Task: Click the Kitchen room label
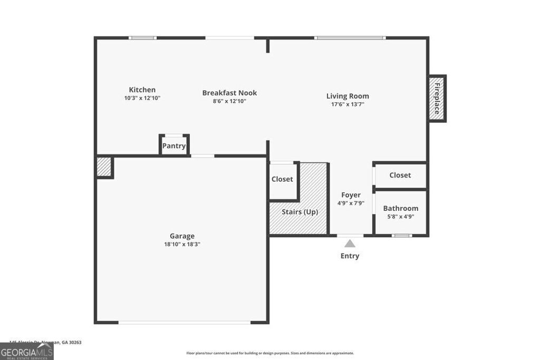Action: coord(142,90)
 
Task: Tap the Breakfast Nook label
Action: coord(229,93)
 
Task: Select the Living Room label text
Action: coord(348,96)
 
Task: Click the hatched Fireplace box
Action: coord(437,99)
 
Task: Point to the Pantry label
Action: coord(174,146)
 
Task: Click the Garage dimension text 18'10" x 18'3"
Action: coord(182,244)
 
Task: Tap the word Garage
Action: coord(182,236)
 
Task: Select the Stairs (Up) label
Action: coord(300,212)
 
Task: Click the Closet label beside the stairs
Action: coord(282,179)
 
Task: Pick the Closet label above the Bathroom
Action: coord(400,175)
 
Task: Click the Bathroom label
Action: coord(401,208)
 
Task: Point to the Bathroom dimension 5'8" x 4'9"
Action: coord(401,216)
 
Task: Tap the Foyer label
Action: coord(351,195)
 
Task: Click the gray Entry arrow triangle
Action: coord(350,243)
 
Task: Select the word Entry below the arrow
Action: coord(350,256)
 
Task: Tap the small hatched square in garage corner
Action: coord(104,167)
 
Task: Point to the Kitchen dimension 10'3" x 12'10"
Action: coord(142,98)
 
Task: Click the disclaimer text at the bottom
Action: coord(270,353)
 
